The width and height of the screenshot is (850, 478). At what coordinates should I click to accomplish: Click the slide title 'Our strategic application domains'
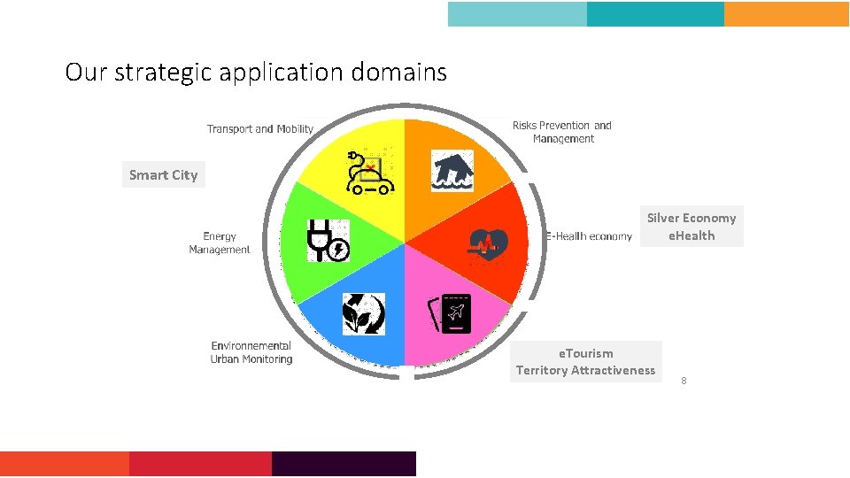click(x=256, y=72)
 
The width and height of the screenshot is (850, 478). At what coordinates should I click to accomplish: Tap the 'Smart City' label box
click(x=163, y=174)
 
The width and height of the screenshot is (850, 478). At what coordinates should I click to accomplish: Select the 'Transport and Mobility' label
click(x=260, y=129)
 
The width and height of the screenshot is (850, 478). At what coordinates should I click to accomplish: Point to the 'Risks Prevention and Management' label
click(x=562, y=132)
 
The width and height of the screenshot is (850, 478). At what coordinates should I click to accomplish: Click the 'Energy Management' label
click(x=220, y=243)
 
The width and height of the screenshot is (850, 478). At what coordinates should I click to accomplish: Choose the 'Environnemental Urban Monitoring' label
click(x=251, y=352)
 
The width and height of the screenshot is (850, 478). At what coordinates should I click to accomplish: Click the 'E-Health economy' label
click(x=590, y=236)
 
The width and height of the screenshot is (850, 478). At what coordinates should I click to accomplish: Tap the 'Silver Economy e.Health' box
click(x=692, y=227)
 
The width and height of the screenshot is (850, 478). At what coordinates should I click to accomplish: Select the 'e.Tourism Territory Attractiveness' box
click(x=586, y=361)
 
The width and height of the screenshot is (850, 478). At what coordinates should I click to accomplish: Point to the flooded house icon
click(x=452, y=171)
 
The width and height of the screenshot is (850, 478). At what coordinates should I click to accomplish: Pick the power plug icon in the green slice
click(x=328, y=240)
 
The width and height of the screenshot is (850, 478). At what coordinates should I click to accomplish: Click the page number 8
click(x=684, y=381)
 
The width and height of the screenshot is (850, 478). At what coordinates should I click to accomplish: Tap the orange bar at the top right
click(x=786, y=14)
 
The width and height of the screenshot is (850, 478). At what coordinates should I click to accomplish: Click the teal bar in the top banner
click(x=655, y=14)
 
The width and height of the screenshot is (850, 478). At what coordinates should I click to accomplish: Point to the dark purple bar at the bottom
click(x=344, y=464)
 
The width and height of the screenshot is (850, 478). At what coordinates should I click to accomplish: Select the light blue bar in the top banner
click(x=517, y=14)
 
